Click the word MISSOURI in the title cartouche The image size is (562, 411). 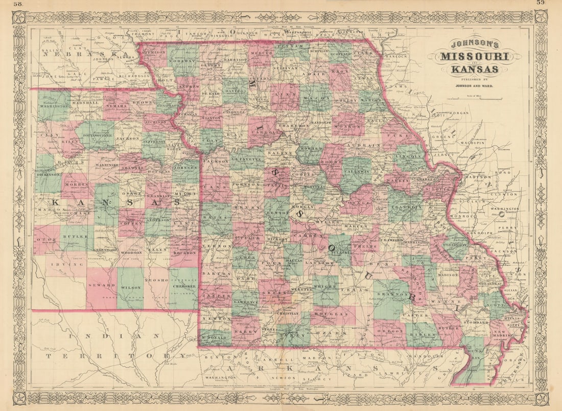pyautogui.click(x=475, y=56)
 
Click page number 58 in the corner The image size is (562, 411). pyautogui.click(x=18, y=4)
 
